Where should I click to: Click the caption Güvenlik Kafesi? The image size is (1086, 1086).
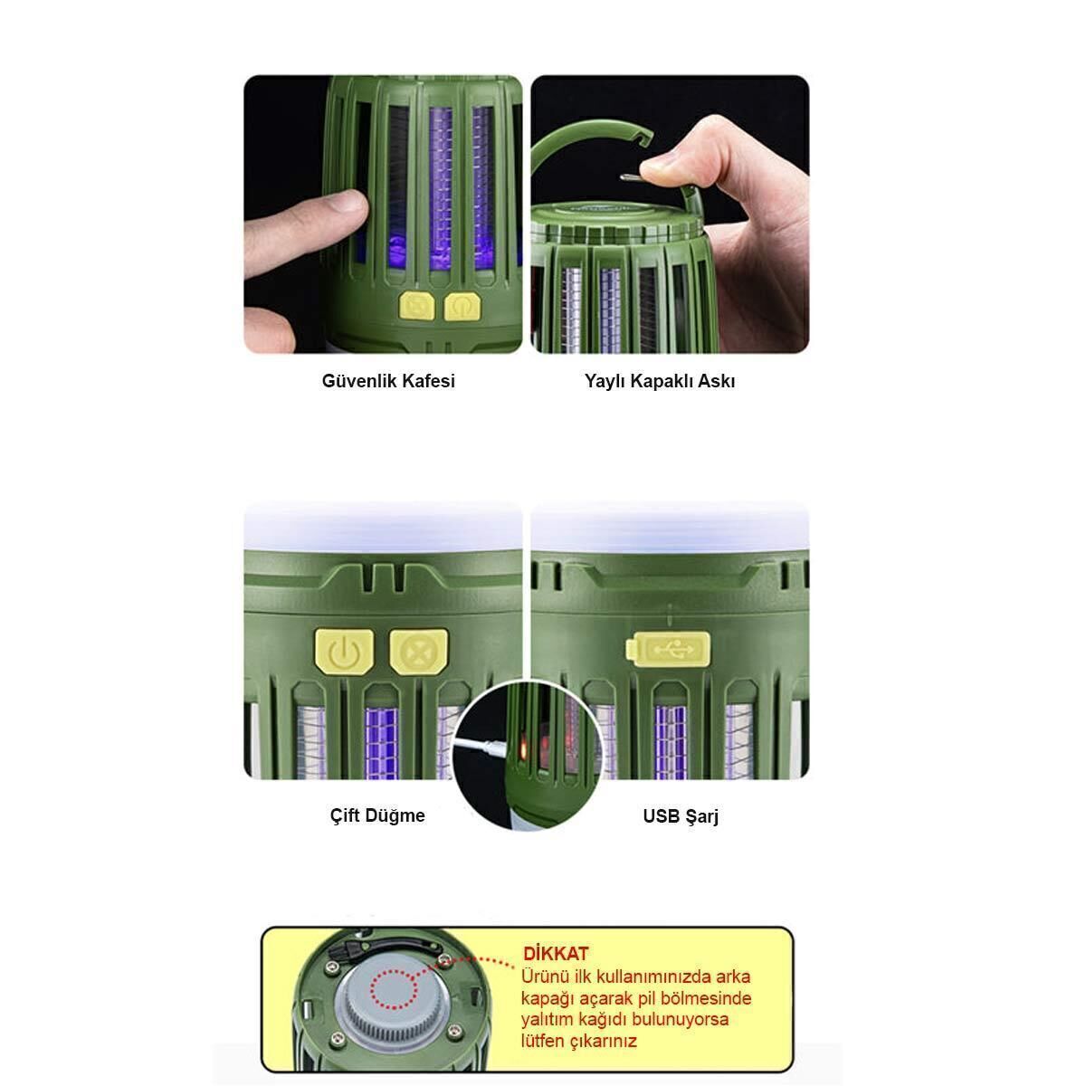click(x=388, y=381)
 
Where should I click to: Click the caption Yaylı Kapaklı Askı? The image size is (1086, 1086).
click(x=660, y=381)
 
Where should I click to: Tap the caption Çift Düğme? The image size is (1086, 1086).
click(x=377, y=815)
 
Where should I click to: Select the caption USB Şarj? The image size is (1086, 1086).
click(x=681, y=816)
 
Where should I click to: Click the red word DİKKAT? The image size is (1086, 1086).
click(x=556, y=954)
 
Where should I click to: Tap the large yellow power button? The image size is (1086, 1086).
click(x=344, y=652)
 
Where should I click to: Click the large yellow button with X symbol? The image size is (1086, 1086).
click(x=419, y=652)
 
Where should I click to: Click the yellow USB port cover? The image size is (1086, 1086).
click(x=668, y=649)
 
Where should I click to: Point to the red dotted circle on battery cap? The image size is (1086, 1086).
click(x=394, y=990)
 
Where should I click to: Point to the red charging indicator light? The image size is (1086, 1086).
click(x=522, y=749)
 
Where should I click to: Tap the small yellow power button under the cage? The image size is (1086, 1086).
click(x=462, y=307)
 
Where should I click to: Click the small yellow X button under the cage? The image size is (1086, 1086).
click(x=417, y=306)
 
